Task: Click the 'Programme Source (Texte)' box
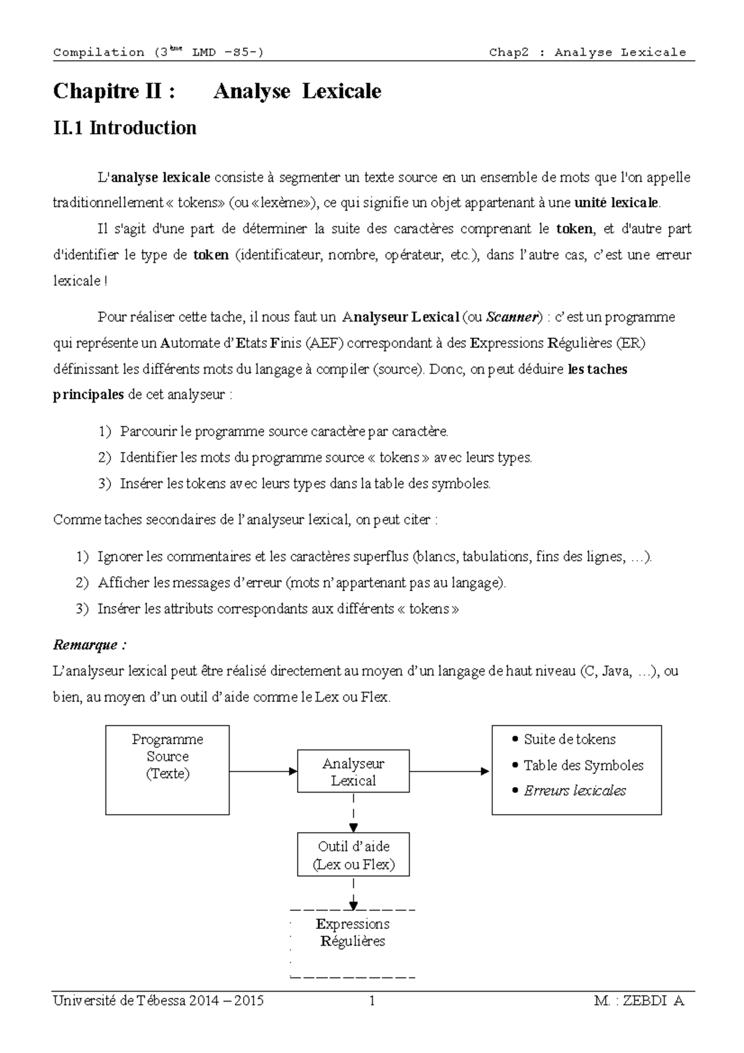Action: pyautogui.click(x=167, y=769)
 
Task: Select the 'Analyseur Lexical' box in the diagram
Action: pyautogui.click(x=353, y=771)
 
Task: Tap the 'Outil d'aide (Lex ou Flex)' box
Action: pyautogui.click(x=353, y=855)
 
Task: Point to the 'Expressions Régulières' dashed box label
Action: pyautogui.click(x=352, y=932)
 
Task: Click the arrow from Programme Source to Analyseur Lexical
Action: pyautogui.click(x=263, y=771)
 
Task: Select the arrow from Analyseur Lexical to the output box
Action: pyautogui.click(x=449, y=771)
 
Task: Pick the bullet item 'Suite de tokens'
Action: pyautogui.click(x=569, y=739)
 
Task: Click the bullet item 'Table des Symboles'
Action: pyautogui.click(x=583, y=765)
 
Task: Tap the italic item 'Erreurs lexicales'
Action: pyautogui.click(x=575, y=791)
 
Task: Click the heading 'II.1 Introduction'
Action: pyautogui.click(x=125, y=128)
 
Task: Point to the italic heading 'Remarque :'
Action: pyautogui.click(x=90, y=645)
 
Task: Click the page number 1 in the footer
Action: pyautogui.click(x=372, y=1001)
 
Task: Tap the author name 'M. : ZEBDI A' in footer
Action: pyautogui.click(x=638, y=1001)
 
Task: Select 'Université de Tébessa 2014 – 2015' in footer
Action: pyautogui.click(x=159, y=1001)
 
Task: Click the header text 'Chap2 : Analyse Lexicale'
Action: pyautogui.click(x=587, y=53)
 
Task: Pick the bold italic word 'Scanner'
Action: pyautogui.click(x=512, y=317)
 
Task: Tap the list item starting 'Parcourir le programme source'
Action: pyautogui.click(x=283, y=431)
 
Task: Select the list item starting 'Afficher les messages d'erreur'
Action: pyautogui.click(x=301, y=583)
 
